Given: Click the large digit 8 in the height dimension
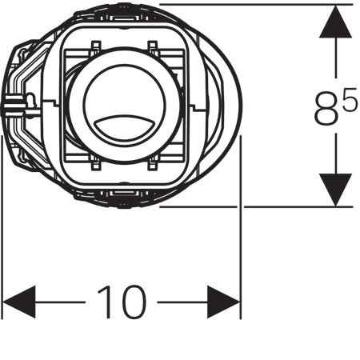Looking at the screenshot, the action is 326,108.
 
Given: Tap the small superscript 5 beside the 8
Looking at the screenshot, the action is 349,99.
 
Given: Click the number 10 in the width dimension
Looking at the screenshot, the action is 122,302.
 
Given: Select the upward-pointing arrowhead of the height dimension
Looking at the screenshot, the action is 335,22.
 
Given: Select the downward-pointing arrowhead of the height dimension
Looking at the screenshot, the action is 335,190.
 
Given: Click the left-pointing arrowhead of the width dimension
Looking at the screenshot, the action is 18,302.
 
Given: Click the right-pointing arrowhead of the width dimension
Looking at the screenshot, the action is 223,302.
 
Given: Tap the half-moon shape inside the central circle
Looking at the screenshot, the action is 124,126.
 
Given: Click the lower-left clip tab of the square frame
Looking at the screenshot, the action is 96,163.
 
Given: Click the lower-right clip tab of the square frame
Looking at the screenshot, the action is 153,163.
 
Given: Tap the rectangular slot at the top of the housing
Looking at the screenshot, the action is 124,18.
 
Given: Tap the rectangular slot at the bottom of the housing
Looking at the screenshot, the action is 124,193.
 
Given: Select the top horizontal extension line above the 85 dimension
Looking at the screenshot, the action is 256,4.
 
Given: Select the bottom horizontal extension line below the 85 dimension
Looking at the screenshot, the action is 256,206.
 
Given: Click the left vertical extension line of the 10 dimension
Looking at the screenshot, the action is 2,227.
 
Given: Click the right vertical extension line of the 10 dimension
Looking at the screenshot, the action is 241,227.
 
